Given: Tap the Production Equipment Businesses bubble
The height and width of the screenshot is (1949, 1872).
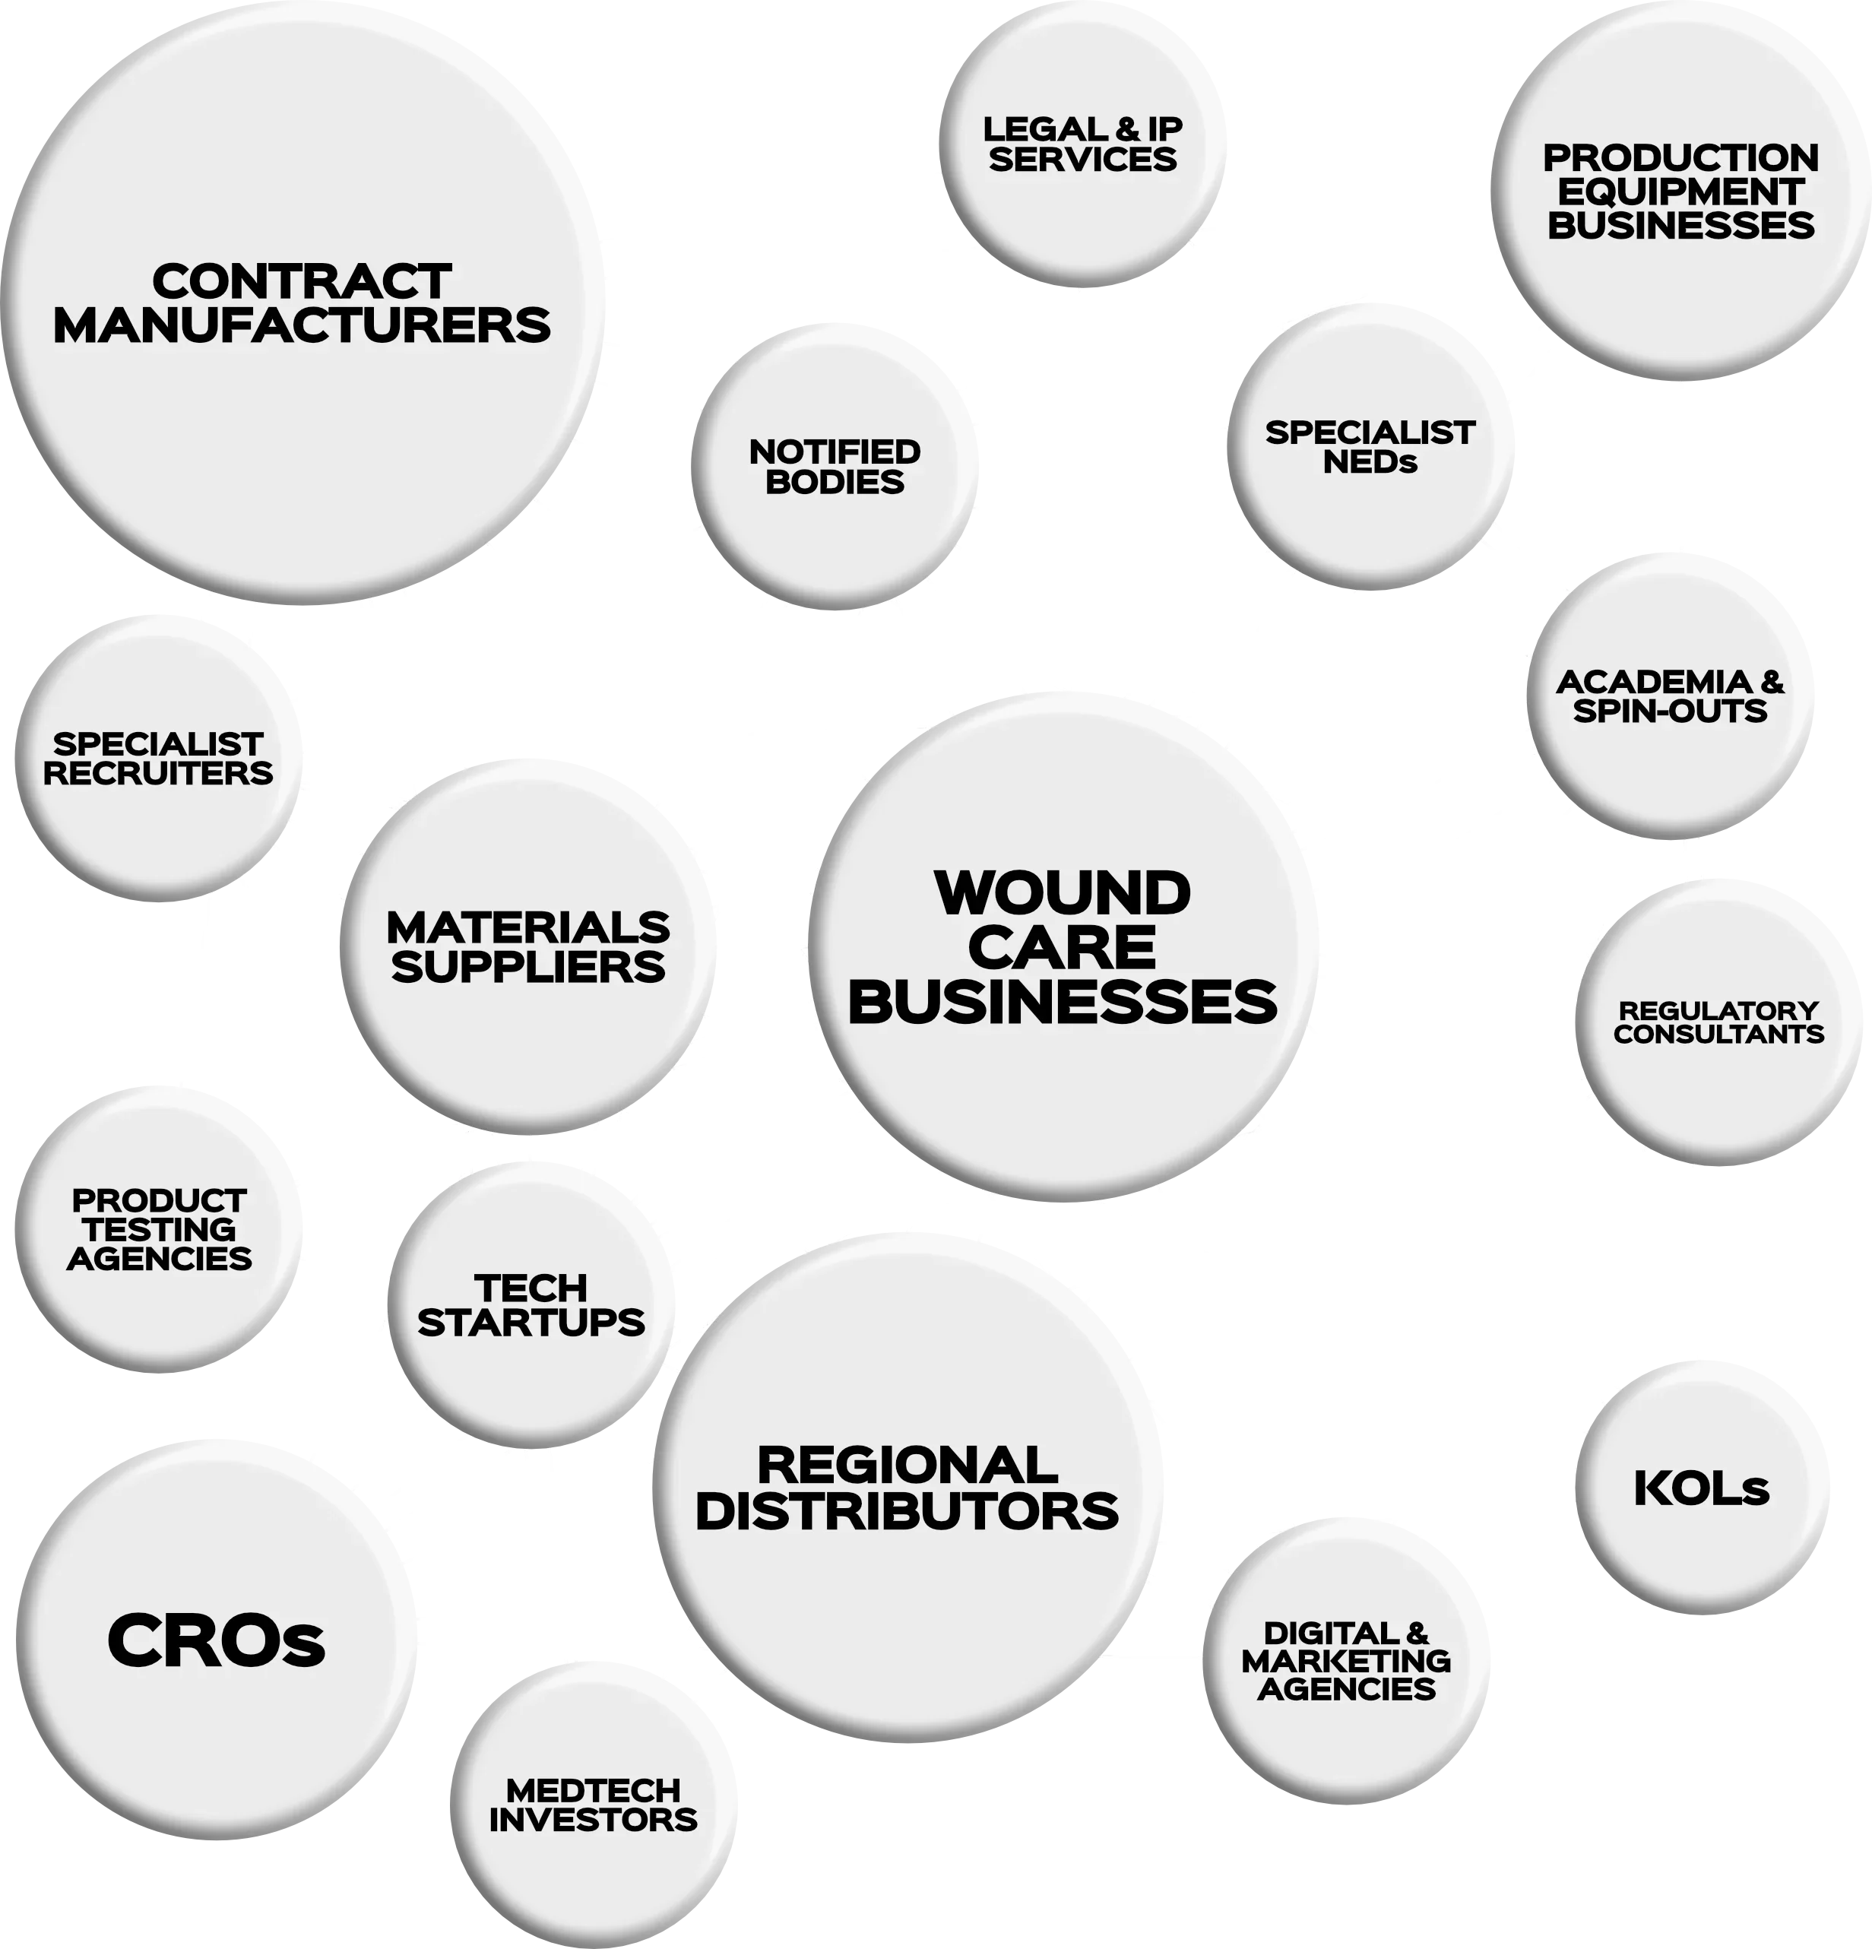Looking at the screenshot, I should pos(1680,192).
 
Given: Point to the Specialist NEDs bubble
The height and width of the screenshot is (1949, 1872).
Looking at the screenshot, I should pos(1370,448).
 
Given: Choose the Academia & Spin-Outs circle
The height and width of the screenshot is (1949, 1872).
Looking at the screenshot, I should pos(1670,696).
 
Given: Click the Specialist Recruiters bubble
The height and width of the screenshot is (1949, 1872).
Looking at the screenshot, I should pos(158,759).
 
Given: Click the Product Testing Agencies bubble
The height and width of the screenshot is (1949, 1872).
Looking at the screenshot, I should pos(159,1230).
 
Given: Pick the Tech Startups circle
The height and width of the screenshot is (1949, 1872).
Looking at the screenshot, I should pos(532,1306).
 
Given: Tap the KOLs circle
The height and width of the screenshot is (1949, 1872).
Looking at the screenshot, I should pos(1701,1488).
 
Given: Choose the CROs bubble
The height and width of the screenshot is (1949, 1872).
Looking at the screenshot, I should pos(216,1640).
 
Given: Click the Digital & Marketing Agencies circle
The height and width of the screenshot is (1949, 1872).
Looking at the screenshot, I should pos(1346,1661).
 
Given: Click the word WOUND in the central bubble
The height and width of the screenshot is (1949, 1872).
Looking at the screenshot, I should pos(1063,893).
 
